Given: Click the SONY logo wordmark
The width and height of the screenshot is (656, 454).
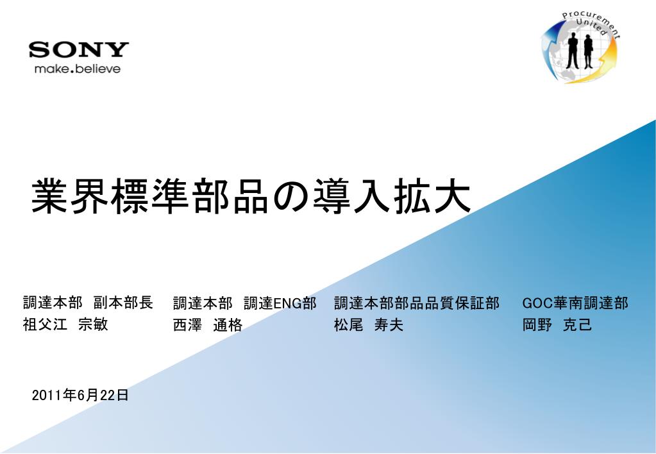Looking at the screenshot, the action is tap(79, 49).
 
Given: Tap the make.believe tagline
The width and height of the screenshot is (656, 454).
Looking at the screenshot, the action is tap(78, 69).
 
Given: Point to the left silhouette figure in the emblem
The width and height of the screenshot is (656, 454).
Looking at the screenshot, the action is tap(573, 51).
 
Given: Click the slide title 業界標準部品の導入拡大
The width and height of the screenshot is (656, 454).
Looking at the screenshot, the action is tap(251, 196).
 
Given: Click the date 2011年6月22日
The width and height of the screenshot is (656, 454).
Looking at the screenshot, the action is tap(80, 394).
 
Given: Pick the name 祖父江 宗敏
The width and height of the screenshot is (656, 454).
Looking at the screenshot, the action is tap(65, 324).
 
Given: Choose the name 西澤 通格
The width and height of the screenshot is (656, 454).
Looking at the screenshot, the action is tap(208, 324).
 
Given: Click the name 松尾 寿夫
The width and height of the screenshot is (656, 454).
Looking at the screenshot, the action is tap(369, 324).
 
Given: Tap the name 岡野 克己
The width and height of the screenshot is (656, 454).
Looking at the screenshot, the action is tap(557, 324).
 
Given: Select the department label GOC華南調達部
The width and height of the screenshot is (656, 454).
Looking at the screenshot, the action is tap(575, 303).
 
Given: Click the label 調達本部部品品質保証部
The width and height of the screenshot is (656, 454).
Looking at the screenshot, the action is tap(417, 303).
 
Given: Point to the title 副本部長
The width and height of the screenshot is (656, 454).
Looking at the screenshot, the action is tap(123, 303).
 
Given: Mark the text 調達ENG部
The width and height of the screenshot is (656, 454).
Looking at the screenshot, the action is tap(280, 303).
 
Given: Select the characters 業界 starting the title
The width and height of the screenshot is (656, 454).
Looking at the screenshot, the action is tap(69, 196).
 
